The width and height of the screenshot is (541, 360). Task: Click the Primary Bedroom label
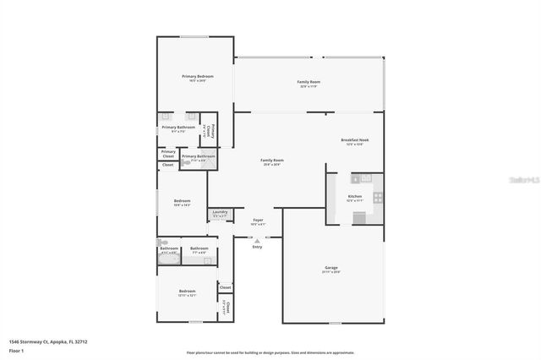pyautogui.click(x=197, y=76)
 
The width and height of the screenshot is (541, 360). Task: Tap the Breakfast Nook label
pyautogui.click(x=354, y=139)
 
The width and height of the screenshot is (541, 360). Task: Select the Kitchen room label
pyautogui.click(x=355, y=196)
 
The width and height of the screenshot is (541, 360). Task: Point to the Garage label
pyautogui.click(x=331, y=268)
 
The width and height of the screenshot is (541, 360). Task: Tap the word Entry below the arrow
pyautogui.click(x=257, y=247)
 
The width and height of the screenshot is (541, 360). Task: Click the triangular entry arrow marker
pyautogui.click(x=257, y=239)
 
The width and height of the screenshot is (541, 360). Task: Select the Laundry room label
pyautogui.click(x=220, y=213)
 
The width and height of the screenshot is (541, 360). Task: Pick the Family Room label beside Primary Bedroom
pyautogui.click(x=309, y=82)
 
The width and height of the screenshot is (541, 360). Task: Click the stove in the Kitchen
pyautogui.click(x=378, y=197)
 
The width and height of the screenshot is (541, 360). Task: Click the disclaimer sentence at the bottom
pyautogui.click(x=270, y=352)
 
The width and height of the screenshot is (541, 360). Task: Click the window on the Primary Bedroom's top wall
pyautogui.click(x=195, y=36)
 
